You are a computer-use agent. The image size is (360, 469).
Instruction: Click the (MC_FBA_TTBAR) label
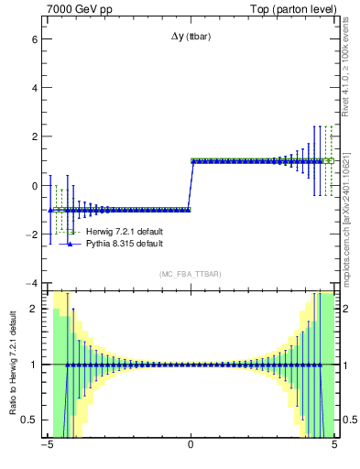(x=191, y=274)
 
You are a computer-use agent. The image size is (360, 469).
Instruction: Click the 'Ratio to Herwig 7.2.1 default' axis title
(x=12, y=363)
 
